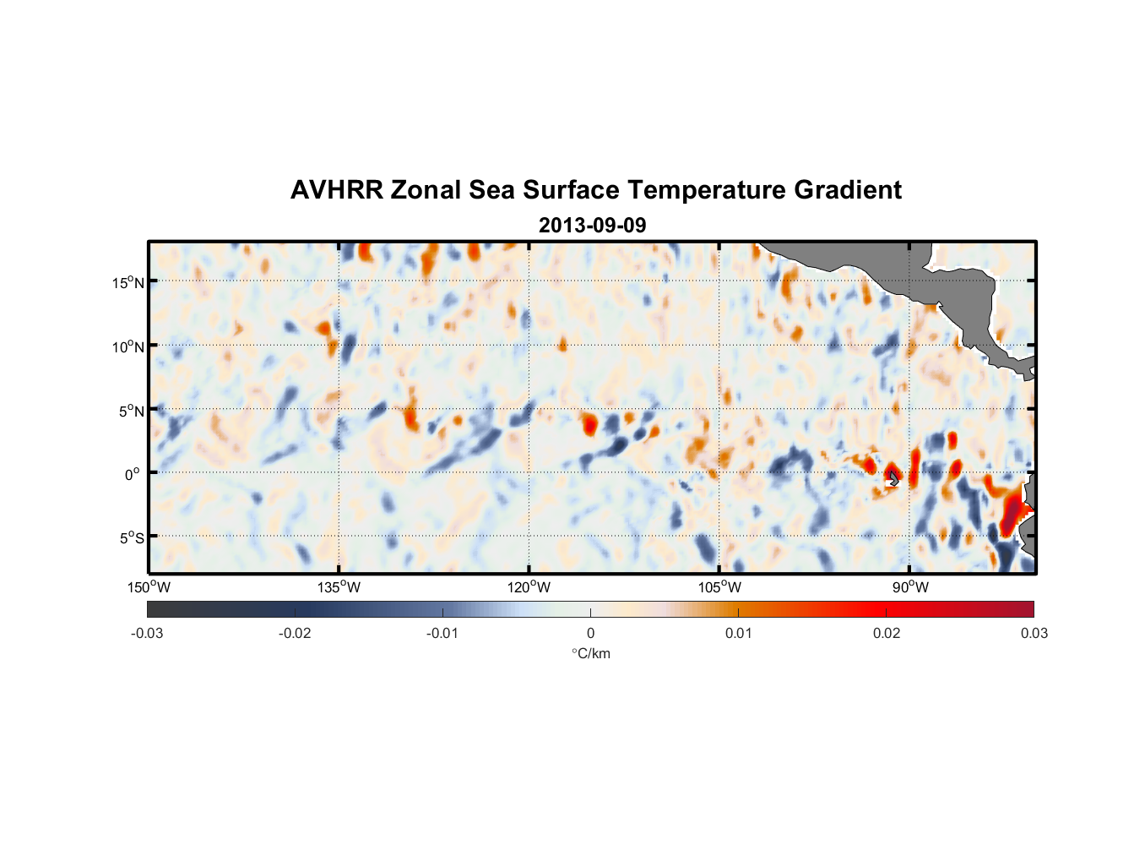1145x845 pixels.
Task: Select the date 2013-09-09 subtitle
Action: [x=592, y=226]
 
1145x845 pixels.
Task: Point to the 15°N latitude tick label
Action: [x=128, y=282]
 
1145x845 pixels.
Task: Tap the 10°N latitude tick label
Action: [x=128, y=346]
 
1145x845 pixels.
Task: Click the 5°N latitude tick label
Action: [x=131, y=411]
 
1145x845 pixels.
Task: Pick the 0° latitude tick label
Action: [x=133, y=474]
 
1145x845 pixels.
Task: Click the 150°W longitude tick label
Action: [x=149, y=587]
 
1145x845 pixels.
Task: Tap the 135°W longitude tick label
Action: [x=339, y=587]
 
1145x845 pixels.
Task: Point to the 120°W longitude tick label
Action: [x=529, y=587]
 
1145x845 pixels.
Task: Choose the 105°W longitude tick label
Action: [x=719, y=587]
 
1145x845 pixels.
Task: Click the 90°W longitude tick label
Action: [x=910, y=587]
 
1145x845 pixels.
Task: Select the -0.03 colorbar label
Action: [x=147, y=634]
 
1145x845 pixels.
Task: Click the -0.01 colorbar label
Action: [x=442, y=634]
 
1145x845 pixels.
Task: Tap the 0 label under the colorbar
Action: [x=590, y=634]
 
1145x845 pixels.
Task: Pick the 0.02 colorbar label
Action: [x=887, y=634]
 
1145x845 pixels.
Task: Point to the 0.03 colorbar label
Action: [x=1034, y=634]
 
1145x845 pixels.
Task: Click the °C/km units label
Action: [x=590, y=653]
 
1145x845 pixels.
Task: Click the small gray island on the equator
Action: [x=893, y=478]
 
